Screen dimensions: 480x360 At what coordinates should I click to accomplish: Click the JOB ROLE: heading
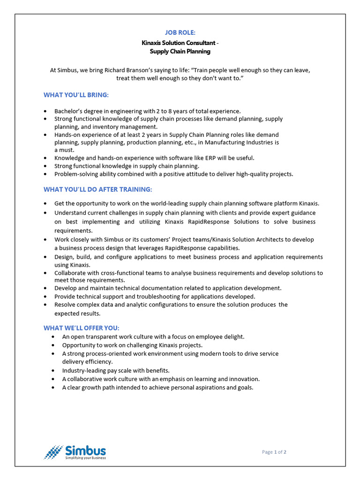pyautogui.click(x=180, y=32)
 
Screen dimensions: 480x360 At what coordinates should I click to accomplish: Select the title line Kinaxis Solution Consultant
pyautogui.click(x=180, y=43)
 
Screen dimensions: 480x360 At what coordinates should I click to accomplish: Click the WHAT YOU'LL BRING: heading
pyautogui.click(x=76, y=95)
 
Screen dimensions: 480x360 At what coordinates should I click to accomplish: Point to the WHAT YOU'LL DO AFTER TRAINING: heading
pyautogui.click(x=98, y=189)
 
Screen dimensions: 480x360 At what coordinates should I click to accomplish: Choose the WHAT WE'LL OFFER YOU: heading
pyautogui.click(x=82, y=328)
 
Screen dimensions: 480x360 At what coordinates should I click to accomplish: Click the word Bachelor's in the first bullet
pyautogui.click(x=69, y=111)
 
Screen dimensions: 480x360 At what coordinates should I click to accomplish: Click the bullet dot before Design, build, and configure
pyautogui.click(x=45, y=257)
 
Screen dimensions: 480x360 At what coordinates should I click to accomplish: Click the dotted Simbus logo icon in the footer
pyautogui.click(x=53, y=452)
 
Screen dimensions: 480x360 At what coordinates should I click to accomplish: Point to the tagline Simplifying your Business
pyautogui.click(x=85, y=458)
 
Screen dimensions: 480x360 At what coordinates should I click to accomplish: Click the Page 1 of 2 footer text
pyautogui.click(x=274, y=452)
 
